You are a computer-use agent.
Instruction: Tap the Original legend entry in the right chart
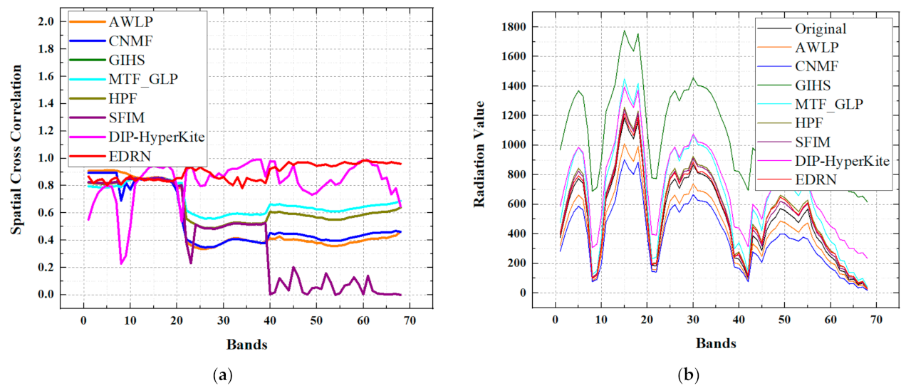819,29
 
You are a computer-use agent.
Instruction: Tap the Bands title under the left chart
246,345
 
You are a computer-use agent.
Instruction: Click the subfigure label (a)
223,374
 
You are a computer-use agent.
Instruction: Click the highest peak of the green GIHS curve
625,31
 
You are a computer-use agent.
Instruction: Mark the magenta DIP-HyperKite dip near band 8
121,263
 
